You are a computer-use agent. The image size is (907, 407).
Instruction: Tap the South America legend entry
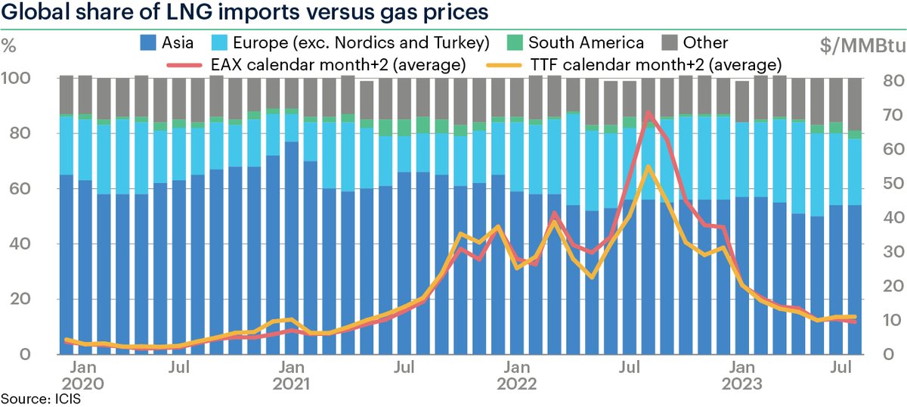586,42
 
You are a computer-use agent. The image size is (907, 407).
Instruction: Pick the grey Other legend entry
704,42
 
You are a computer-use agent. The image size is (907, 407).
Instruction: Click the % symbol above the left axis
11,44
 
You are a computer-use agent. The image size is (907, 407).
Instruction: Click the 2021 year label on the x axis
292,384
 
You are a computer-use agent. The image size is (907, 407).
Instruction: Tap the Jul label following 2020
179,368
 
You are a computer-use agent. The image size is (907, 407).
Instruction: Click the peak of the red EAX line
648,113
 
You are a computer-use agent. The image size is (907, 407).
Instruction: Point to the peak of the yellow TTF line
648,166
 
